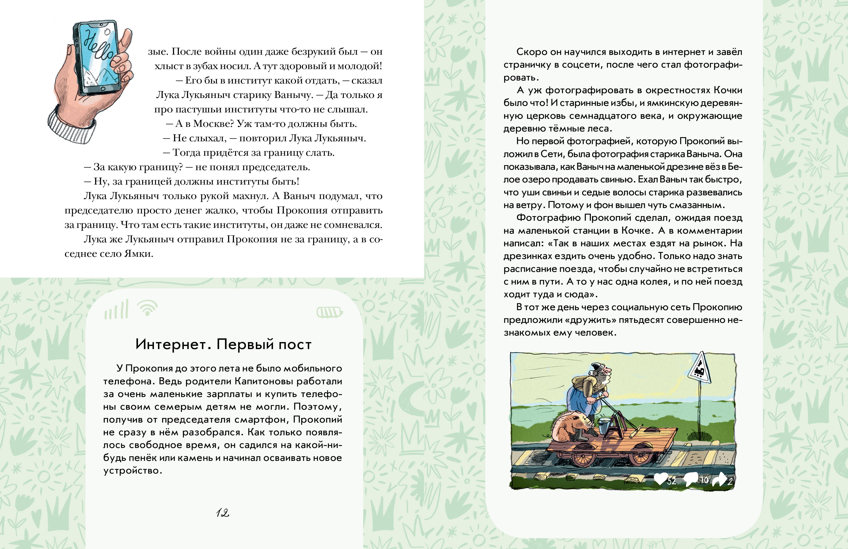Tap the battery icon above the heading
pos(329,313)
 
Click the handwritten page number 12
pos(222,513)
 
